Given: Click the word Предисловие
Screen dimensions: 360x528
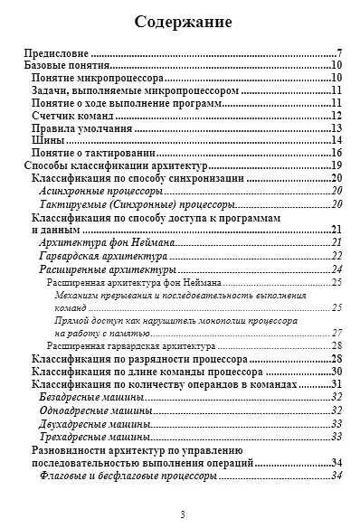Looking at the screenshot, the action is pos(55,53).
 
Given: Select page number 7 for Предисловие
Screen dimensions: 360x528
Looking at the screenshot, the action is pos(337,53).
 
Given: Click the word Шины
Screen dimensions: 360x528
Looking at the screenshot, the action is pos(48,141).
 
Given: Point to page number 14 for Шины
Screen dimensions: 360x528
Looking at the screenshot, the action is pos(335,141).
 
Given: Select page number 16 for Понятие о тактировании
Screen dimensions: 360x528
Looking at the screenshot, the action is pos(335,154).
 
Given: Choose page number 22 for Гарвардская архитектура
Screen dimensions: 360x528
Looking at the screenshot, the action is pos(336,256).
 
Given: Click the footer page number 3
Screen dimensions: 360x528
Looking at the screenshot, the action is pos(182,515).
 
